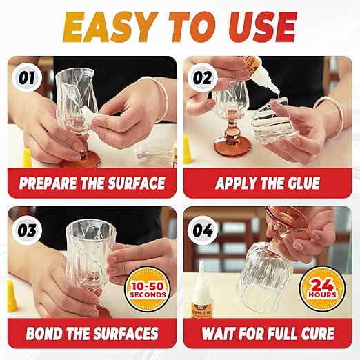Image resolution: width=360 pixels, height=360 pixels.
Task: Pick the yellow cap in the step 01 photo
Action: coord(27,157)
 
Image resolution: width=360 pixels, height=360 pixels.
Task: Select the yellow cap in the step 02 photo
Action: coord(187,149)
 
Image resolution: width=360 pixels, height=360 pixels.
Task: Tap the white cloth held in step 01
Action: coord(88,121)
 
